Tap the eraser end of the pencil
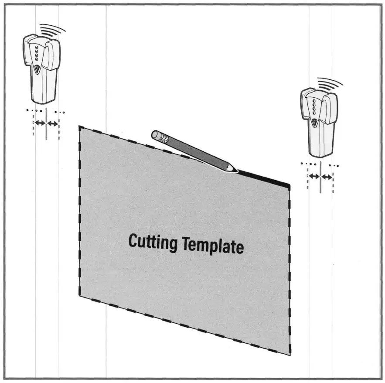(x=155, y=134)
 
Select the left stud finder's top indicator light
(x=37, y=45)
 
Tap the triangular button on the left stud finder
(x=37, y=68)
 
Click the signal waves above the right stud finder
(x=332, y=83)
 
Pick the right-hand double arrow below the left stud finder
(x=52, y=124)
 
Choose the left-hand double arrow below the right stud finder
(x=314, y=176)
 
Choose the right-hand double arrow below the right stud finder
(x=327, y=176)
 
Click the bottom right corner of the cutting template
(x=290, y=354)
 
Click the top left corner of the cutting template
(x=79, y=127)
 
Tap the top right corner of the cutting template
(x=289, y=185)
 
